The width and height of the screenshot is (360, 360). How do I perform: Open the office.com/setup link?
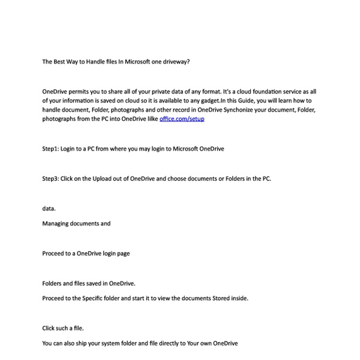coord(182,119)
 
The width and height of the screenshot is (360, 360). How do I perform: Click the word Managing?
coord(56,223)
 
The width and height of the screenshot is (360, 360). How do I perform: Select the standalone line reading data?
coord(49,208)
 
